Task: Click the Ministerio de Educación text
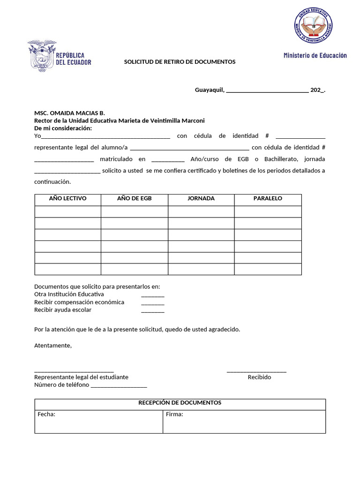315,55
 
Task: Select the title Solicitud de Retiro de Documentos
180,62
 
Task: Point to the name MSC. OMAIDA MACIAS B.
69,113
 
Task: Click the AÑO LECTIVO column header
68,199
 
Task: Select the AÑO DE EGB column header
134,199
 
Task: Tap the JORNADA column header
201,199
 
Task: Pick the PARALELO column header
268,199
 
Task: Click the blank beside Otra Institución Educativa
153,295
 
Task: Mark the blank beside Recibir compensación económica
153,303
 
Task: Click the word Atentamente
53,345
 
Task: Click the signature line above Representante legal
74,371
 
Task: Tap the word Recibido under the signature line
259,377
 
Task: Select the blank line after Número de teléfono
119,386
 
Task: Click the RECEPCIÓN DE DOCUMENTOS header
180,403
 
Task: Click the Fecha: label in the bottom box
46,414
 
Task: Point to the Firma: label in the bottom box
174,414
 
